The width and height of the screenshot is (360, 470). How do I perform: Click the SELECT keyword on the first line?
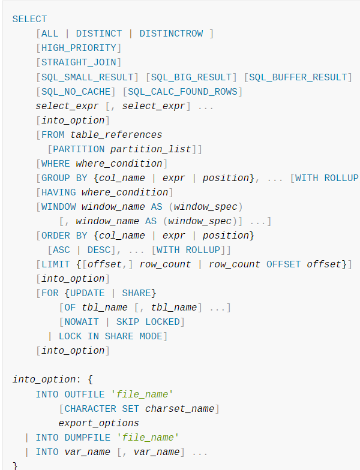tap(29, 19)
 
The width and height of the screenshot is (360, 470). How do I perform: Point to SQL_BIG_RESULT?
tap(191, 77)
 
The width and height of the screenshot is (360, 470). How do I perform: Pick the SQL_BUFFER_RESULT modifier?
tap(298, 77)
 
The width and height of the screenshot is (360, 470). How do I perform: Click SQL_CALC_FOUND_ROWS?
tap(182, 91)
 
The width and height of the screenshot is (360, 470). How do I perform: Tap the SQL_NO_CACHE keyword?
tap(76, 91)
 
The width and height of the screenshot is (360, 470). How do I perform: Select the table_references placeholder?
tap(116, 134)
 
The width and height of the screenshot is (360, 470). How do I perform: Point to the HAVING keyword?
tap(59, 192)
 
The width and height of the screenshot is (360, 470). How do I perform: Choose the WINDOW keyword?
tap(59, 206)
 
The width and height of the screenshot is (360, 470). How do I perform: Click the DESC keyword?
tap(99, 249)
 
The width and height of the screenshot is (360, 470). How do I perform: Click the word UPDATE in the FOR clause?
tap(88, 293)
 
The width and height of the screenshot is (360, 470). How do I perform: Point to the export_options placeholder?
tap(99, 423)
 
